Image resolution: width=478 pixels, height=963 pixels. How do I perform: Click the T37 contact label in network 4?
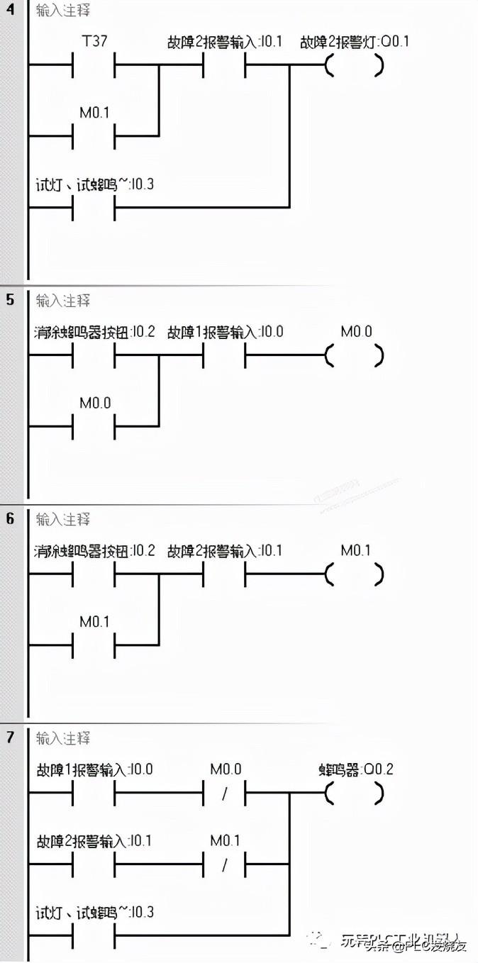[95, 41]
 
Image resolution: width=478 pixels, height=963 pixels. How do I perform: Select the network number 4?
[10, 11]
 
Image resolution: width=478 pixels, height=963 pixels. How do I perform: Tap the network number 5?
[10, 300]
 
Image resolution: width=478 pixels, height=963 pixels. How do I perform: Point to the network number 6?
[10, 519]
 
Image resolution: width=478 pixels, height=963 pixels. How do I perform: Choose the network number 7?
[10, 738]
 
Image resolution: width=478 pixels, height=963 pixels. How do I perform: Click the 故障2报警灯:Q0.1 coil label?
[355, 41]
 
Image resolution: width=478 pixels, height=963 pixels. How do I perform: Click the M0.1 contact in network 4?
[94, 135]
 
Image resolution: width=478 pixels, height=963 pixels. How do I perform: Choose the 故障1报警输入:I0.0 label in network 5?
[225, 331]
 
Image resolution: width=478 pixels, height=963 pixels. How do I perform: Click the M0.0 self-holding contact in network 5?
[94, 425]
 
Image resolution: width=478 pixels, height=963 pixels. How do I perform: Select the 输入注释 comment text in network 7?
[63, 738]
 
